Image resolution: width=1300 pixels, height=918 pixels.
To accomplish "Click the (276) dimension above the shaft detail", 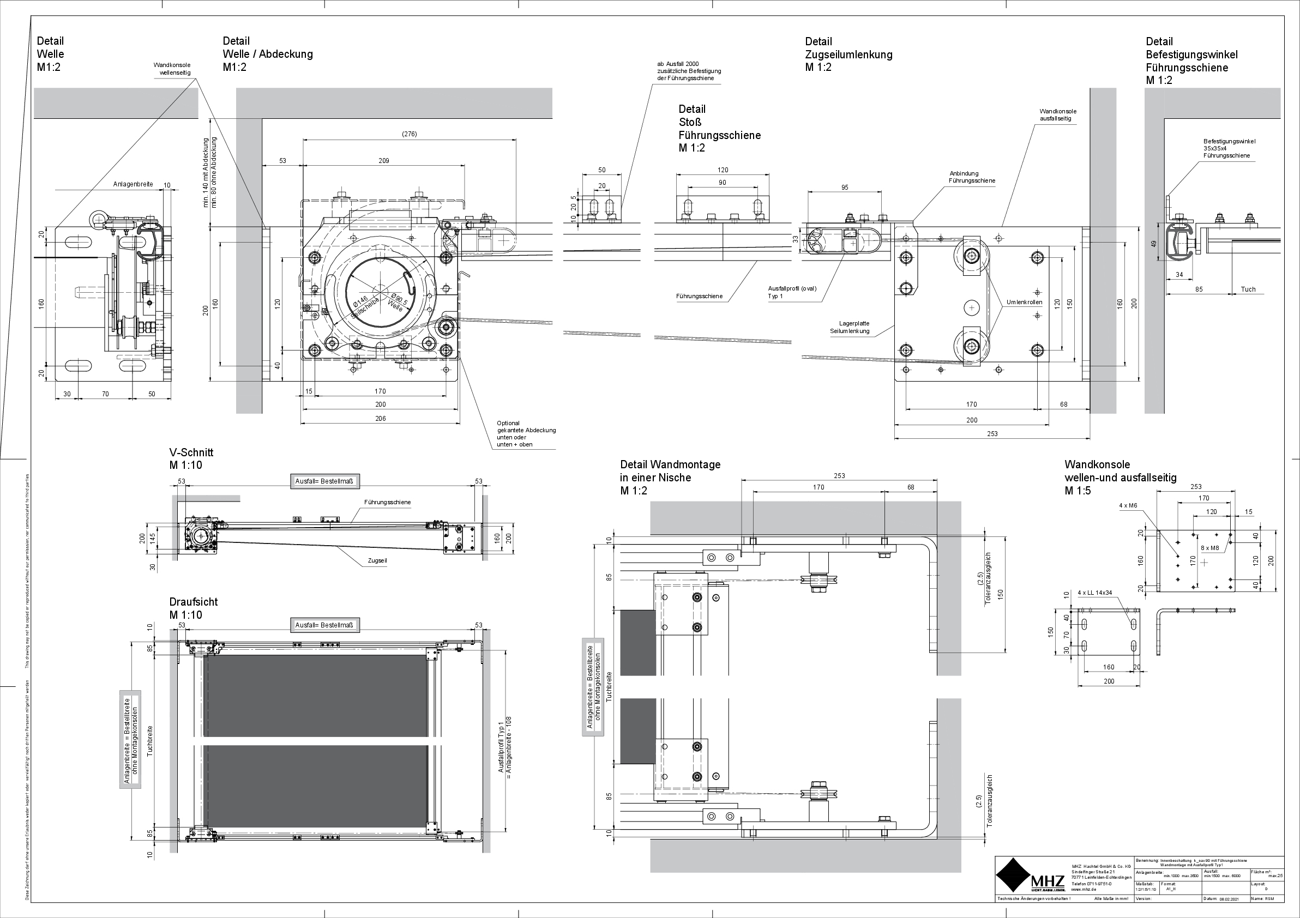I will pyautogui.click(x=409, y=134).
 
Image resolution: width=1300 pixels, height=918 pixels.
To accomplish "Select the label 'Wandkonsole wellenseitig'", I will pyautogui.click(x=172, y=69).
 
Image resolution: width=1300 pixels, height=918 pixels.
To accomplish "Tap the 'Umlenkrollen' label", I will pyautogui.click(x=1024, y=302).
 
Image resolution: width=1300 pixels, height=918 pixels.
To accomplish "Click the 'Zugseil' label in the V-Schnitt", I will pyautogui.click(x=377, y=560).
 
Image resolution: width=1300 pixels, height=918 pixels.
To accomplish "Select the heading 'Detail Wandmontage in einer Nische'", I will pyautogui.click(x=670, y=477).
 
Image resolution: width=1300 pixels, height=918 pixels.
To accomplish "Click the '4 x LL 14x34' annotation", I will pyautogui.click(x=1094, y=593).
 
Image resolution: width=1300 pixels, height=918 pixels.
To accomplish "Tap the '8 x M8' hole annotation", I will pyautogui.click(x=1209, y=548).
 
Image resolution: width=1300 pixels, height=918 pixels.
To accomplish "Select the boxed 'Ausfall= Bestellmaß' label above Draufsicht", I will pyautogui.click(x=324, y=625).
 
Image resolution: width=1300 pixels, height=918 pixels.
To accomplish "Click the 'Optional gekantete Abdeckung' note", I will pyautogui.click(x=526, y=433).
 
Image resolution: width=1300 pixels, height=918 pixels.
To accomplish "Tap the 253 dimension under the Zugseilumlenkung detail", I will pyautogui.click(x=992, y=434).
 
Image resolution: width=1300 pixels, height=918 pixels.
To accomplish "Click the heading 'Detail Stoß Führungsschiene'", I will pyautogui.click(x=719, y=129).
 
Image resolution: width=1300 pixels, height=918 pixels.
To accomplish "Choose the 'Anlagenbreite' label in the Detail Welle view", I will pyautogui.click(x=133, y=184).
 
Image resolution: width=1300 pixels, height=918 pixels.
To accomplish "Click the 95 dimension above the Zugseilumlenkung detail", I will pyautogui.click(x=844, y=188).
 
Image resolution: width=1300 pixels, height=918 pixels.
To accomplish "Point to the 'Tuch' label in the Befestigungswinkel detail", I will pyautogui.click(x=1248, y=289).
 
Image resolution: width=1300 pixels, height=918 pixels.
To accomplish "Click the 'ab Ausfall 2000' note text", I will pyautogui.click(x=689, y=71).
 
